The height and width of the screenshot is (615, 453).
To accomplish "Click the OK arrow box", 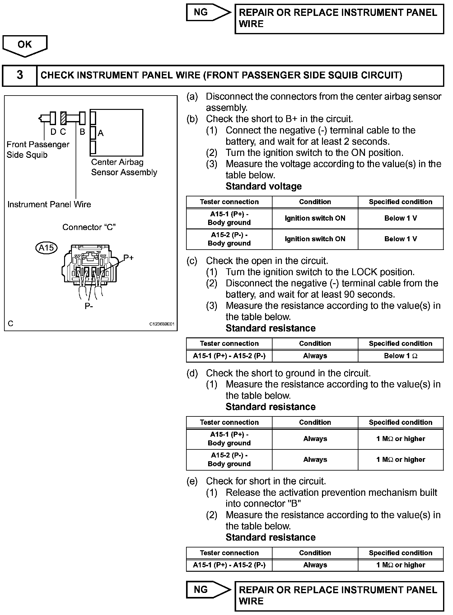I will (x=25, y=45).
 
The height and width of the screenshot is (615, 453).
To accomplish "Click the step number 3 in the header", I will (x=20, y=75).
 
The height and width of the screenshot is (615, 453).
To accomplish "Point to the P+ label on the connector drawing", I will (x=128, y=258).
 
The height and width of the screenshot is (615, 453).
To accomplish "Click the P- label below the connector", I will (x=89, y=306).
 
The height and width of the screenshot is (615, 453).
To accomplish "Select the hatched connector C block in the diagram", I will (x=63, y=118).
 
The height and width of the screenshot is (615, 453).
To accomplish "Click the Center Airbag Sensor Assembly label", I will (x=124, y=167).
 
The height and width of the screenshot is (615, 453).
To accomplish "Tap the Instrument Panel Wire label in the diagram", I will (x=49, y=204).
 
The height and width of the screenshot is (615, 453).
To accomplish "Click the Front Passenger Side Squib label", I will (x=38, y=149).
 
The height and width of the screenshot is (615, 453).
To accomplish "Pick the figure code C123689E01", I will (x=162, y=324).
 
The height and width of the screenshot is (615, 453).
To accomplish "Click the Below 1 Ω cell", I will (x=400, y=356).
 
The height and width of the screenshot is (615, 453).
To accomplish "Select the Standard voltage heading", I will (x=264, y=186).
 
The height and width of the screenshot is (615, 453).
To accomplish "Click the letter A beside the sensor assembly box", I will (x=100, y=133).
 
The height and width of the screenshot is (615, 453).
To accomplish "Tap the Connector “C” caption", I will (x=89, y=227).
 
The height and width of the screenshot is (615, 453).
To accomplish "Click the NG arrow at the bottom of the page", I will (x=208, y=589).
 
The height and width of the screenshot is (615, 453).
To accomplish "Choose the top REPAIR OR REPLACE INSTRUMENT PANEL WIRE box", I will (x=339, y=19).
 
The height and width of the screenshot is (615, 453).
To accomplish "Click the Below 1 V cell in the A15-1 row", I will (x=400, y=218).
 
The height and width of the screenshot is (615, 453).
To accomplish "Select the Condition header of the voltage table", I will (x=315, y=202).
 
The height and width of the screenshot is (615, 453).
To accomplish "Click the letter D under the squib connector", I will (x=53, y=132).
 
